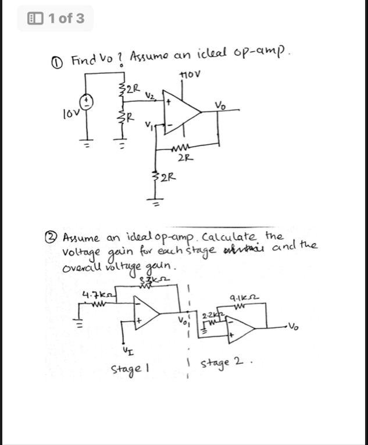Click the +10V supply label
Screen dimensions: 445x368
(x=190, y=74)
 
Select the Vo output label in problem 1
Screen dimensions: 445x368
(x=221, y=105)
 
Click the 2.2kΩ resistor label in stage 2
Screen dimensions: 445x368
(x=209, y=315)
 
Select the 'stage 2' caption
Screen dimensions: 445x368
(x=221, y=364)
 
